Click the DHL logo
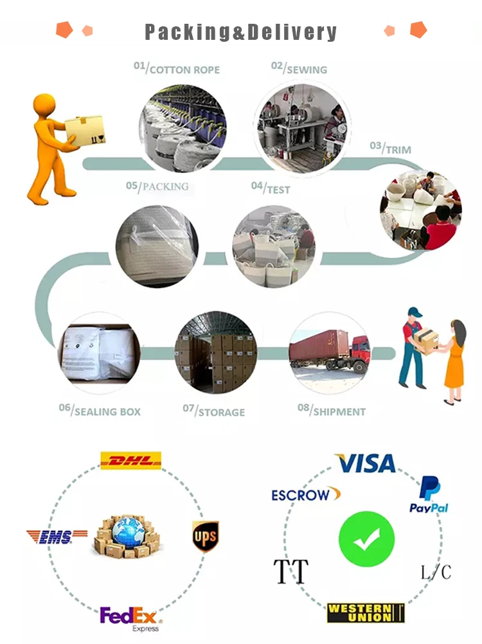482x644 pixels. click(x=131, y=460)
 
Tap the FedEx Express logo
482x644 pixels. click(x=130, y=618)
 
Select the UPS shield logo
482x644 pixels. click(x=205, y=536)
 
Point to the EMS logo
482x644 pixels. click(x=57, y=537)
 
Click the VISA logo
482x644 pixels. click(x=366, y=463)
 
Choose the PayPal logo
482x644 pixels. click(x=429, y=495)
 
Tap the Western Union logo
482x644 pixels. click(x=365, y=613)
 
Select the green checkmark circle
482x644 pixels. click(x=366, y=539)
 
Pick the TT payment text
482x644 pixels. click(x=290, y=571)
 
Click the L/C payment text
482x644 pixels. click(x=436, y=571)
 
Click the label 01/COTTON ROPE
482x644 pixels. click(x=176, y=68)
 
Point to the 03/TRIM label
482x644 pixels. click(x=390, y=148)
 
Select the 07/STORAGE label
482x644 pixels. click(x=213, y=410)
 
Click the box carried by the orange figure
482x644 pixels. click(x=85, y=130)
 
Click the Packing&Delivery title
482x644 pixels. click(x=240, y=32)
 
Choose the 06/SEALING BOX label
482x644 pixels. click(x=100, y=410)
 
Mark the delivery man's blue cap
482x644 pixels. click(x=415, y=312)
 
